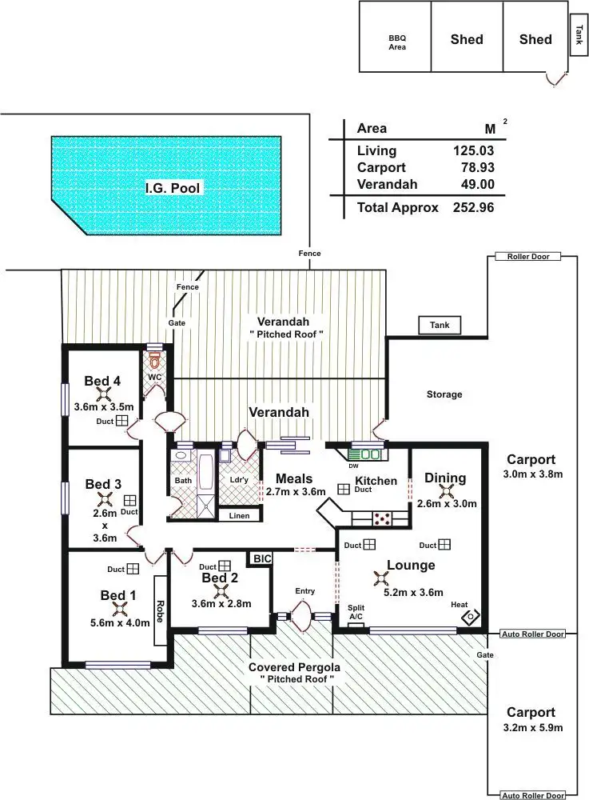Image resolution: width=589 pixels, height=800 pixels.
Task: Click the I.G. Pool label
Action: coord(173,189)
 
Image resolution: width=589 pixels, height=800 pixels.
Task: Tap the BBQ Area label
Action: coord(397,42)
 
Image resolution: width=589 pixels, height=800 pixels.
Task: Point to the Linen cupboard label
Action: coord(239,516)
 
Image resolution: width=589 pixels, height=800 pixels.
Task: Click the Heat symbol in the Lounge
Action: coord(470,616)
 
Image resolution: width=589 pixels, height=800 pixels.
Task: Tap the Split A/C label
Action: coord(356,612)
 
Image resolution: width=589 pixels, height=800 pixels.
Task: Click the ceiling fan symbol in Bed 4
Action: coord(103,393)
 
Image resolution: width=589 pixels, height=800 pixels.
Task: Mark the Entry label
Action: coord(304,591)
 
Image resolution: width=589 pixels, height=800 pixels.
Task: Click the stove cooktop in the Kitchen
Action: coord(383,518)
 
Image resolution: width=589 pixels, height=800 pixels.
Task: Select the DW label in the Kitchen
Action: coord(352,466)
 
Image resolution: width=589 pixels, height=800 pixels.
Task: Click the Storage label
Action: coord(444,394)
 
